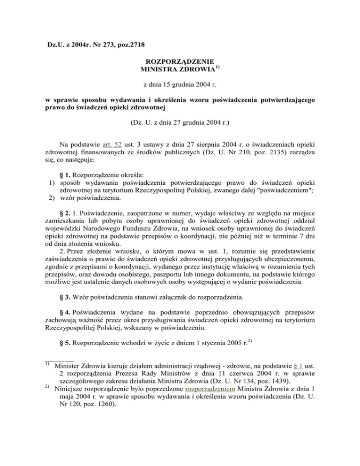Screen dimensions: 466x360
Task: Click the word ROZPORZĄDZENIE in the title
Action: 180,61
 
